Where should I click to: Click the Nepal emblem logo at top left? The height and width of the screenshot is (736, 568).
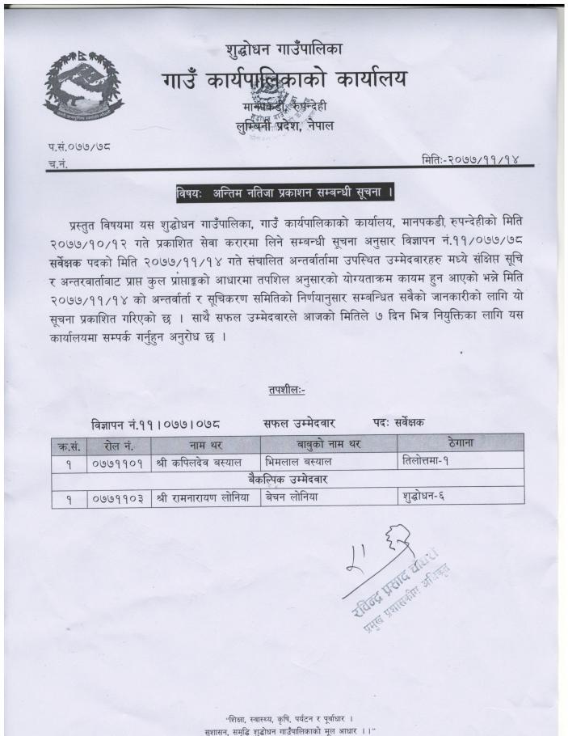coord(79,87)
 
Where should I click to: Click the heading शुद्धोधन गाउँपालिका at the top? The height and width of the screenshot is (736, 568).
coord(284,50)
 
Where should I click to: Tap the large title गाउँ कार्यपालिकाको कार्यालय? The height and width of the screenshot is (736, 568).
coord(284,80)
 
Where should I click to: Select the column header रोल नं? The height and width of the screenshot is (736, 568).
coord(116,444)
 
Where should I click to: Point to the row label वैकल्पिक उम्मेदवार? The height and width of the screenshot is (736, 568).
coord(287,480)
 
